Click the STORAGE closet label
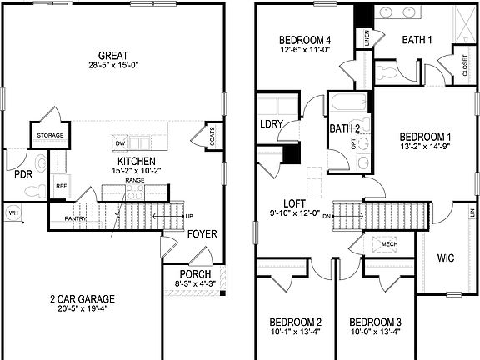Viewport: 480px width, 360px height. coord(49,135)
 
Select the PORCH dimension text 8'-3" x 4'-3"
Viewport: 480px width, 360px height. coord(196,284)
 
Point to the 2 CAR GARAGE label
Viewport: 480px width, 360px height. coord(82,298)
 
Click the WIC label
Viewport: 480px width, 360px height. coord(446,258)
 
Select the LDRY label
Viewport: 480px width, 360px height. coord(272,125)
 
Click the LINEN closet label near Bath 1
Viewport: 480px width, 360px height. coord(365,37)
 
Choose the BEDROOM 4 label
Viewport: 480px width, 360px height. coord(305,39)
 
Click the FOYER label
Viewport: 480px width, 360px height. coord(202,234)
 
